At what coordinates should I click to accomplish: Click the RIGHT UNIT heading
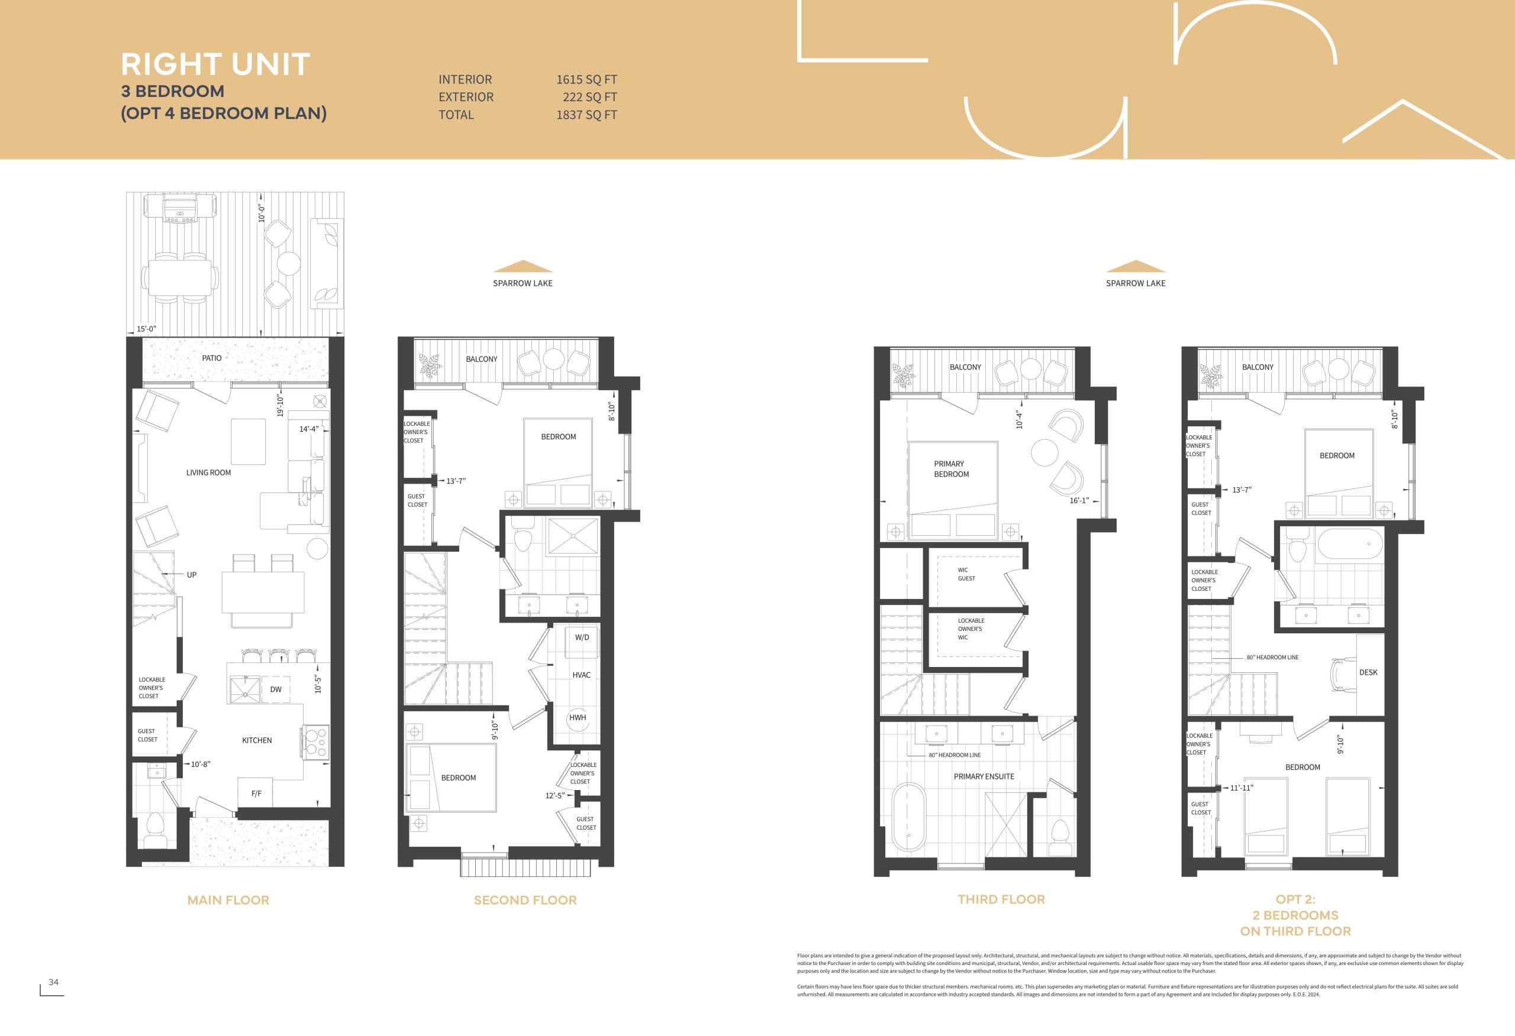click(x=215, y=64)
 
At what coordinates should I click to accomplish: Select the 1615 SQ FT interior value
click(x=586, y=79)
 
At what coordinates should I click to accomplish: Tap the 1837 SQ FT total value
click(x=586, y=115)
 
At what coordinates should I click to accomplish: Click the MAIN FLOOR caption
click(x=228, y=900)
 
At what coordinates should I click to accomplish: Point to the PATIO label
click(x=211, y=358)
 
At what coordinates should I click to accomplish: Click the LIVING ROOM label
click(x=208, y=472)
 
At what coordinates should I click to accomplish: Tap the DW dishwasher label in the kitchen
click(x=276, y=689)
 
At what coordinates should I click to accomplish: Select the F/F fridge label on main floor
click(x=256, y=793)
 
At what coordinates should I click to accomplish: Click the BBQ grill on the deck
click(x=179, y=208)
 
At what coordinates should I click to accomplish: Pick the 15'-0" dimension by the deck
click(x=146, y=329)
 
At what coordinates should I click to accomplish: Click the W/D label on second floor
click(x=582, y=637)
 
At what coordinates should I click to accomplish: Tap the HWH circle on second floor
click(x=578, y=717)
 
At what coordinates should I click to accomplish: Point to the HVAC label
click(x=581, y=675)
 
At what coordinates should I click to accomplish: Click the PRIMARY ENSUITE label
click(x=983, y=776)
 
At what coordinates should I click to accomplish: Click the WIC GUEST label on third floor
click(x=966, y=574)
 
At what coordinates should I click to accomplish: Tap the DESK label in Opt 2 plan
click(x=1368, y=672)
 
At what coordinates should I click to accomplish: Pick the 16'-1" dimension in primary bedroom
click(x=1079, y=500)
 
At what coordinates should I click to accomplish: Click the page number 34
click(x=53, y=982)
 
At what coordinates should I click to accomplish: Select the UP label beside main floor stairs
click(x=192, y=575)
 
